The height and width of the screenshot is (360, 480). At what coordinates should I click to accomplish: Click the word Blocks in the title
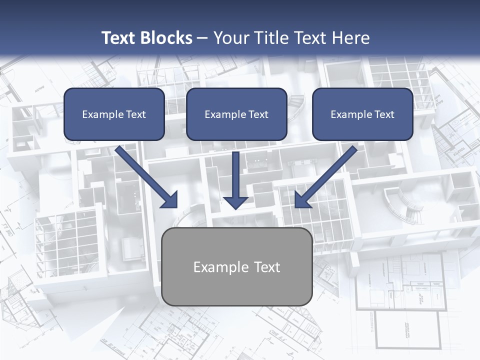pyautogui.click(x=165, y=38)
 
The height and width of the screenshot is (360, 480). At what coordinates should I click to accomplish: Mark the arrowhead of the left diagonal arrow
pyautogui.click(x=170, y=200)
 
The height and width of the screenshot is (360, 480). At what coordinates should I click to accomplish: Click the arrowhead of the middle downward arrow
pyautogui.click(x=235, y=202)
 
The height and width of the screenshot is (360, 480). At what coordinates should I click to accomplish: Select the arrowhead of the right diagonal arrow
pyautogui.click(x=302, y=200)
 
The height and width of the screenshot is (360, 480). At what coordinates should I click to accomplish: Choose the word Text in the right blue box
pyautogui.click(x=384, y=114)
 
